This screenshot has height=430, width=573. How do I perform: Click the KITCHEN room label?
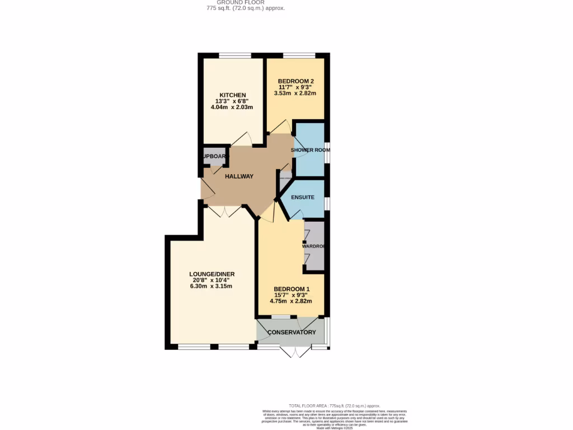(x=232, y=95)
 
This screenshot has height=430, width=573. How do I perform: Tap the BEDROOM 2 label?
(x=295, y=81)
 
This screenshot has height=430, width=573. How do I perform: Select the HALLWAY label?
(x=239, y=176)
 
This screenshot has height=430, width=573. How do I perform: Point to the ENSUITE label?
(x=302, y=197)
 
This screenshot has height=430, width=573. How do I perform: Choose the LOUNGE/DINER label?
(x=212, y=274)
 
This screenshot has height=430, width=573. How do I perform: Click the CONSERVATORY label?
(x=292, y=333)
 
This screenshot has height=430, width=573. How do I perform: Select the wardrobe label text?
(x=314, y=246)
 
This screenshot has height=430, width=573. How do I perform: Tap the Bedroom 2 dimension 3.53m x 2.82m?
(x=295, y=94)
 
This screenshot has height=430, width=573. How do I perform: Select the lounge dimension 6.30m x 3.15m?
(x=210, y=286)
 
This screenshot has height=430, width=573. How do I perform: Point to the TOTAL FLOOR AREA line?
(x=334, y=405)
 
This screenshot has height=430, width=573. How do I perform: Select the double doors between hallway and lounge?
(x=224, y=212)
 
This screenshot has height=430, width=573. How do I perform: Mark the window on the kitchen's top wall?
(x=234, y=55)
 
